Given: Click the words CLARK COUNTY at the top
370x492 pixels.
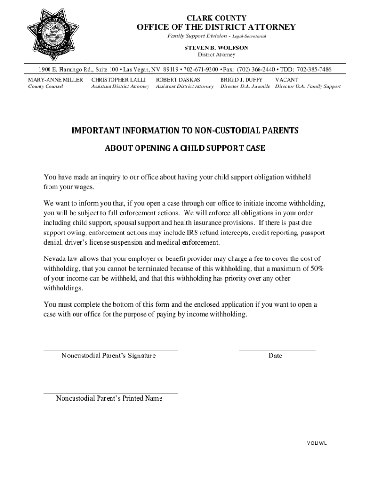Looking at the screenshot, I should pyautogui.click(x=216, y=18).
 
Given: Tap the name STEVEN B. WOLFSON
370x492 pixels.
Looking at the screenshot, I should pyautogui.click(x=217, y=48).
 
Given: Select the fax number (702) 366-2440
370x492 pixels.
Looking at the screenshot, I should pyautogui.click(x=255, y=69).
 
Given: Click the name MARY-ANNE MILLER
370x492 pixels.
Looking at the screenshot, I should pyautogui.click(x=55, y=79).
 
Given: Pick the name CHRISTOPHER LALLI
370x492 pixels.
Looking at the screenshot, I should pyautogui.click(x=118, y=79).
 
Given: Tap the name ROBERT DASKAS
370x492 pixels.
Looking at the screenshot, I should pyautogui.click(x=178, y=79).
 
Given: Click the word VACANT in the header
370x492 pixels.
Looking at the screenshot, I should pyautogui.click(x=286, y=79).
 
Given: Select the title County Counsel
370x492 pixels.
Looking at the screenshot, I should pyautogui.click(x=46, y=86).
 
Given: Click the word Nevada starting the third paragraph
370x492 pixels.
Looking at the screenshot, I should pyautogui.click(x=55, y=258).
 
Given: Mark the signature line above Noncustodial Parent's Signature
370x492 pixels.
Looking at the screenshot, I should pyautogui.click(x=111, y=349).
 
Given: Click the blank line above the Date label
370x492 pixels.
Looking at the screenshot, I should pyautogui.click(x=277, y=349).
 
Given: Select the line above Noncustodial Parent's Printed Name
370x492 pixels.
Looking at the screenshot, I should pyautogui.click(x=111, y=392).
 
